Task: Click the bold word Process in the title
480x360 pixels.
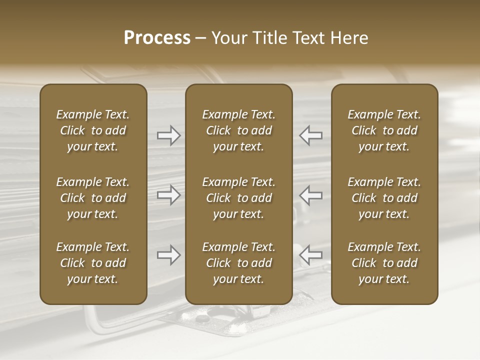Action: coord(157,38)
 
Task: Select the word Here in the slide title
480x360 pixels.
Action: coord(349,38)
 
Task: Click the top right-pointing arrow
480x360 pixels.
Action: coord(168,135)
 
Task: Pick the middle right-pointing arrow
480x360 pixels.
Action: coord(168,195)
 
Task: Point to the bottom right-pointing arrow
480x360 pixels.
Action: coord(168,255)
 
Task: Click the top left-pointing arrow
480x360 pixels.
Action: coord(311,135)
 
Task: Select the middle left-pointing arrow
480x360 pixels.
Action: coord(311,195)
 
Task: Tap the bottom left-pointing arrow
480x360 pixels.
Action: coord(311,255)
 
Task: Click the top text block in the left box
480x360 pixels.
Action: coord(93,130)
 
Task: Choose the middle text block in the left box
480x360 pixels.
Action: coord(93,198)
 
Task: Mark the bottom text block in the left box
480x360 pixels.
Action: coord(93,263)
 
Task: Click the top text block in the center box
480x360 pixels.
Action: coord(239,130)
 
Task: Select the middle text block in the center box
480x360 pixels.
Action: coord(239,198)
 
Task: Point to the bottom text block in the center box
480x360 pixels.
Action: coord(239,263)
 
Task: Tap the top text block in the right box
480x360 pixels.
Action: coord(384,130)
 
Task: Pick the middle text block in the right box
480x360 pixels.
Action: coord(384,198)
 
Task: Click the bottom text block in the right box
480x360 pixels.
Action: coord(384,263)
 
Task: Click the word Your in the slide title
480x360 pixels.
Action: coord(228,38)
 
